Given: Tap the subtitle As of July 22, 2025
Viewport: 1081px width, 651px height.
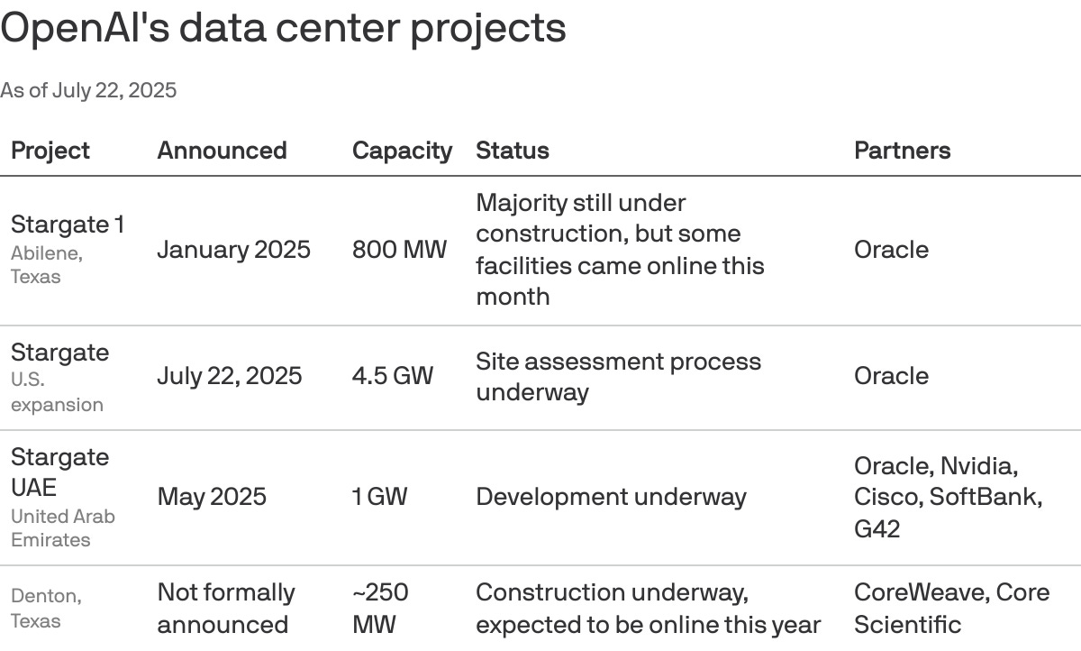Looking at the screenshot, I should click(88, 90).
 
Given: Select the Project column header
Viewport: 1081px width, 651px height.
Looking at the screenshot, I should click(50, 151).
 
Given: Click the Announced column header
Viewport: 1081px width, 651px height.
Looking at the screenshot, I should click(222, 151).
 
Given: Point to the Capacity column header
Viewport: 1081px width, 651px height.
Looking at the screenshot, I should click(402, 151).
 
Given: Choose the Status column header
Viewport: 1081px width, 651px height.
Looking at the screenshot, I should click(512, 151).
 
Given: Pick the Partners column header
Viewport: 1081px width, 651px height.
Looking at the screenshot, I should click(902, 151).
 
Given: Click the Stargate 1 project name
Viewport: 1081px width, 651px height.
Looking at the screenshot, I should click(68, 225).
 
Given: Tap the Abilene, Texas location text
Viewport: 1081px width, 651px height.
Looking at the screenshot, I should click(47, 265).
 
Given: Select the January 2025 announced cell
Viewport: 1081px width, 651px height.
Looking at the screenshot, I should click(233, 250).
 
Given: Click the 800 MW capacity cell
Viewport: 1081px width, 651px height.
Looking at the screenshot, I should click(399, 250).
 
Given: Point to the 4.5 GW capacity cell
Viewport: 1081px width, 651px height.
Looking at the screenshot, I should click(393, 376).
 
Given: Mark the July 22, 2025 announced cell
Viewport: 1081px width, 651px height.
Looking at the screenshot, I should click(230, 376).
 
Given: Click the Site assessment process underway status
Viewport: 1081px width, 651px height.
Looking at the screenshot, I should click(618, 376).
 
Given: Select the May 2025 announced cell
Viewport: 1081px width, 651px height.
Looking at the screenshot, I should click(212, 497).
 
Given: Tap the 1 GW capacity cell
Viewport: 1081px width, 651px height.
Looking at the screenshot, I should click(379, 497).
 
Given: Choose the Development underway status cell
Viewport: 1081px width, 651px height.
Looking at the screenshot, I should click(611, 497).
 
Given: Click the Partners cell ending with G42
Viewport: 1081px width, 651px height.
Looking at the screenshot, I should click(948, 497).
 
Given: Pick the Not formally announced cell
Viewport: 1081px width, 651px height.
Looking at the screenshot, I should click(226, 608).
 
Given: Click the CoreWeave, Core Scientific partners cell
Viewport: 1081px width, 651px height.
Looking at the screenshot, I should click(951, 608).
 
